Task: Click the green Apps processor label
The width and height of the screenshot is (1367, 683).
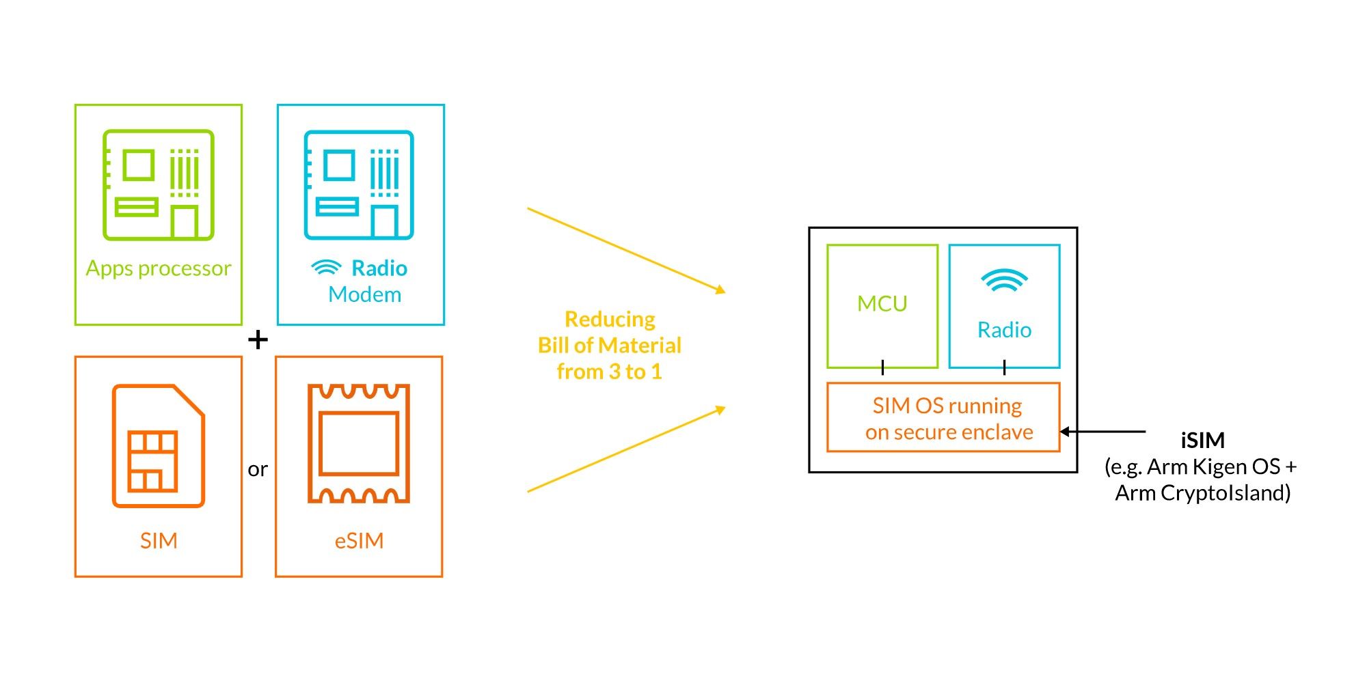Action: pyautogui.click(x=159, y=268)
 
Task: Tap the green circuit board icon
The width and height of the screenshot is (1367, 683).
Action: pyautogui.click(x=159, y=184)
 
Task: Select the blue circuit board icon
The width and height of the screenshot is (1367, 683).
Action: pyautogui.click(x=359, y=184)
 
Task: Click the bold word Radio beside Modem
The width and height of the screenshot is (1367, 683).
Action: pyautogui.click(x=379, y=268)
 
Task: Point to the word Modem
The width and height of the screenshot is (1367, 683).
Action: pyautogui.click(x=364, y=294)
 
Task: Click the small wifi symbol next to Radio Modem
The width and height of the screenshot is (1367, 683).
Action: pyautogui.click(x=326, y=267)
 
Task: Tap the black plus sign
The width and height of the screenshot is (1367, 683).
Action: pyautogui.click(x=258, y=339)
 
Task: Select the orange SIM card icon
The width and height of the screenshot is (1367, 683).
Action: pyautogui.click(x=159, y=445)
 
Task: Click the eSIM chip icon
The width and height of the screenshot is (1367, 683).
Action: pyautogui.click(x=359, y=444)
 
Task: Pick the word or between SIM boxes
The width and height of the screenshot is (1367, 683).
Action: pyautogui.click(x=258, y=469)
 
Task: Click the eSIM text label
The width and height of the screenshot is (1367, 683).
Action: pyautogui.click(x=359, y=541)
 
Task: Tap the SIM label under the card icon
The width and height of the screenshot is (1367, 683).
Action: pyautogui.click(x=159, y=541)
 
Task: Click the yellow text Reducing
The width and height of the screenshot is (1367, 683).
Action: pyautogui.click(x=610, y=319)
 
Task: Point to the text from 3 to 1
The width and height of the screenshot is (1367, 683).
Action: pyautogui.click(x=610, y=372)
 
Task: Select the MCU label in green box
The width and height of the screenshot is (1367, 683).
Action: pyautogui.click(x=882, y=303)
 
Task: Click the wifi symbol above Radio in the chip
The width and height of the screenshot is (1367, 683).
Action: pyautogui.click(x=1004, y=280)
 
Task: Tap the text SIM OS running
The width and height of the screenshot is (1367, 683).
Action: pyautogui.click(x=947, y=406)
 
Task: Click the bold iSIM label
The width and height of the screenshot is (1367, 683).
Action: pyautogui.click(x=1202, y=440)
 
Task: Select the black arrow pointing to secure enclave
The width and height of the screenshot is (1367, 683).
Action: pyautogui.click(x=1102, y=432)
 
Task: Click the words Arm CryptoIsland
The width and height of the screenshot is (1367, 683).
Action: pyautogui.click(x=1203, y=492)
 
